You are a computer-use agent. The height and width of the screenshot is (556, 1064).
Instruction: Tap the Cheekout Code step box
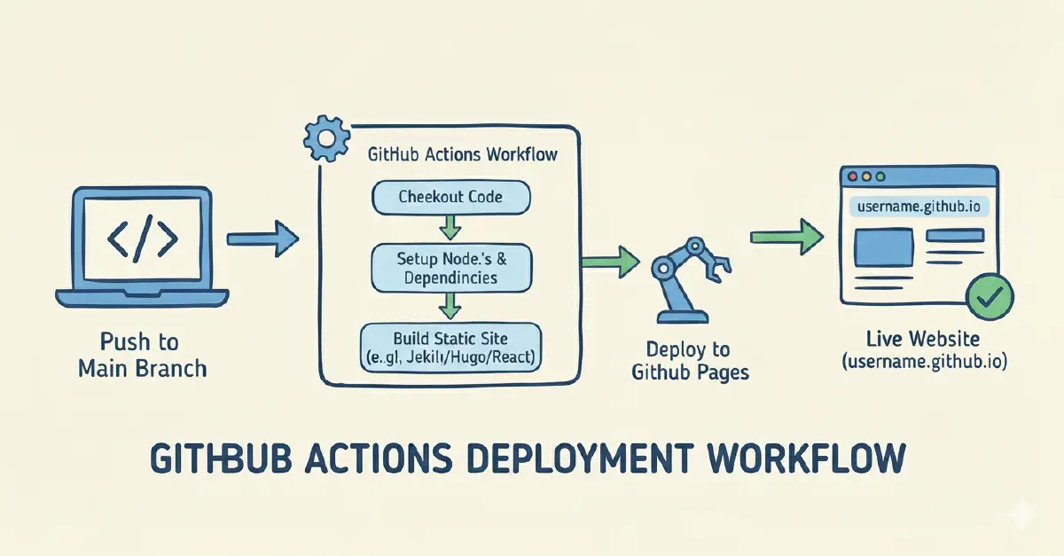click(x=450, y=197)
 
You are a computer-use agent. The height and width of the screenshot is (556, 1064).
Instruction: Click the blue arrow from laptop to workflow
click(x=263, y=239)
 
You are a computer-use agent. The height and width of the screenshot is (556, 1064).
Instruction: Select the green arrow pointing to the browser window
click(x=784, y=237)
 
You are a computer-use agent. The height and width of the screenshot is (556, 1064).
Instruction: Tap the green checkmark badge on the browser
click(x=984, y=299)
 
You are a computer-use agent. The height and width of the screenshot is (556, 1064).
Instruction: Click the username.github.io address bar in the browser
click(x=919, y=207)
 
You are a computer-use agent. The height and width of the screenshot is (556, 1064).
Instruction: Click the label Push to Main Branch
click(x=142, y=355)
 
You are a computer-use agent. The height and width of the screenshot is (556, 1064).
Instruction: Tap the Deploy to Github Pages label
click(x=690, y=360)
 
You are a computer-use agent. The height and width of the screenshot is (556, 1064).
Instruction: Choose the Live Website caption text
click(x=923, y=351)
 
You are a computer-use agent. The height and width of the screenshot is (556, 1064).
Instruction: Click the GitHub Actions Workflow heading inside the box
click(x=462, y=154)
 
